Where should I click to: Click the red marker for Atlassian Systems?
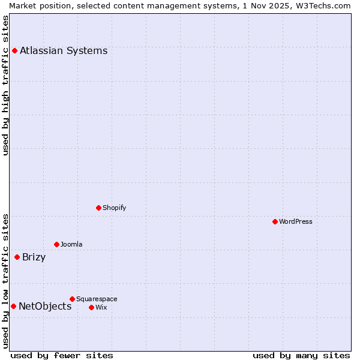[x=14, y=50]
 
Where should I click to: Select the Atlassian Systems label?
[x=64, y=51]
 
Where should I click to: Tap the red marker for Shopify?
[x=98, y=208]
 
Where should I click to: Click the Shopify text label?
[x=114, y=208]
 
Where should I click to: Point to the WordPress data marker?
[x=275, y=221]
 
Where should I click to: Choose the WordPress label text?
[x=295, y=222]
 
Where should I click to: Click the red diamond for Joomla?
[x=56, y=244]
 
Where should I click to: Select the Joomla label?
[x=71, y=245]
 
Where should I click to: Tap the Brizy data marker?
[x=17, y=257]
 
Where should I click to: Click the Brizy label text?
[x=34, y=258]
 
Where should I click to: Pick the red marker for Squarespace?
[x=72, y=299]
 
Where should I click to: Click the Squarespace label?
[x=97, y=299]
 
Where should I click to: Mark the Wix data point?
[x=91, y=307]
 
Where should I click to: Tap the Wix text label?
[x=101, y=308]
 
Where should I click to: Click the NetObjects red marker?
[x=13, y=306]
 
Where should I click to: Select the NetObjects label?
[x=45, y=307]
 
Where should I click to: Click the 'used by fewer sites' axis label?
[x=62, y=356]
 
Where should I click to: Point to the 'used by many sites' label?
[x=301, y=356]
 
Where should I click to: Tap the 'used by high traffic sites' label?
[x=5, y=85]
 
